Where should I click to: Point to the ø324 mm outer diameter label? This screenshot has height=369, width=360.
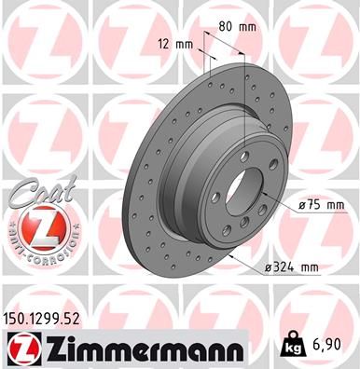[x=292, y=267]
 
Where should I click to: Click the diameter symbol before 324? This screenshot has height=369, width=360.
[x=269, y=267]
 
